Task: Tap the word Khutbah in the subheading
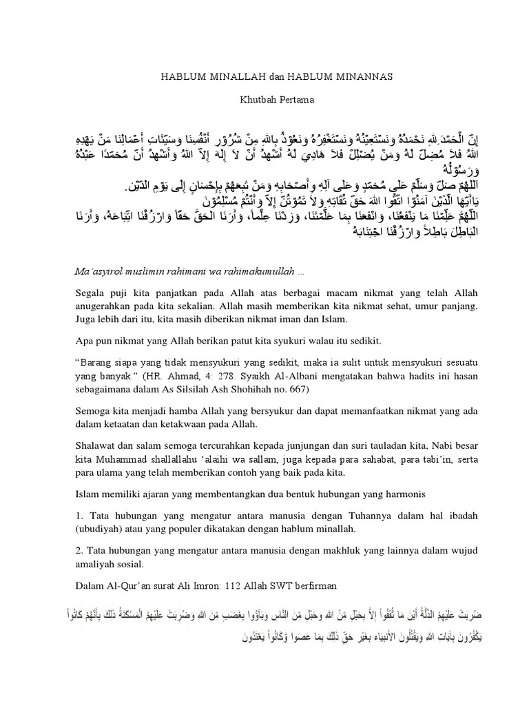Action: pos(256,99)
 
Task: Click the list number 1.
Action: pos(78,516)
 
